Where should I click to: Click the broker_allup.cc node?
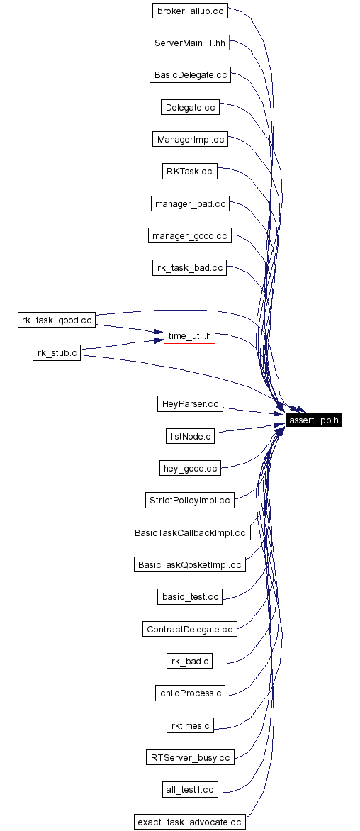click(190, 11)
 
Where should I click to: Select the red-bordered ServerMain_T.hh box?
click(190, 43)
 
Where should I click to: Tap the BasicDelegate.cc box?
click(190, 74)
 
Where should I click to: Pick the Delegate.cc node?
click(189, 107)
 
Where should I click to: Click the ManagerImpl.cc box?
click(190, 139)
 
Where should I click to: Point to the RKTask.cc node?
click(189, 172)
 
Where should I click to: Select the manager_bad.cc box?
click(189, 203)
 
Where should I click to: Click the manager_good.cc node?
click(189, 235)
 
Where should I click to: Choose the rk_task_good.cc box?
click(57, 320)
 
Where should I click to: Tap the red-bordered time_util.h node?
click(189, 336)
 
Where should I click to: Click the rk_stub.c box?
click(57, 352)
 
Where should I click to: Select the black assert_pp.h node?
click(314, 420)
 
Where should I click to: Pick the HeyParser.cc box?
click(189, 404)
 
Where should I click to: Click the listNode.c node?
click(189, 436)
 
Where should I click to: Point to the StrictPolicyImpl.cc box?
click(189, 500)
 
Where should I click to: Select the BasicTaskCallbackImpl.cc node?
click(189, 532)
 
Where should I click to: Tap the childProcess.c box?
click(189, 693)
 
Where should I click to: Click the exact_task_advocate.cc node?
click(189, 821)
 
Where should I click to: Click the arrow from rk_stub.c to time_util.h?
click(120, 345)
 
